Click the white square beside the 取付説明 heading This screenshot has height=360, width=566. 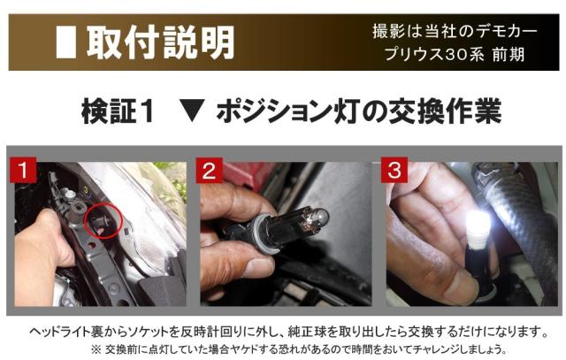(66, 42)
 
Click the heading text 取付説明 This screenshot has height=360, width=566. (160, 42)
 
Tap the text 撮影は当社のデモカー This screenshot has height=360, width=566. (455, 31)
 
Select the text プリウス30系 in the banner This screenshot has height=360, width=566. (433, 55)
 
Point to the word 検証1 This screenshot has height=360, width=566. (118, 111)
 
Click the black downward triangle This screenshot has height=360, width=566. (192, 112)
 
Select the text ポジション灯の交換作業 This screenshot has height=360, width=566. (359, 111)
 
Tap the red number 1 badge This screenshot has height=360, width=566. (23, 170)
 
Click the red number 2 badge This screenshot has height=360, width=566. (210, 171)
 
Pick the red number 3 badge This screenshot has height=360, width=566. (394, 170)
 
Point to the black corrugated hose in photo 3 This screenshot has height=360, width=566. (520, 224)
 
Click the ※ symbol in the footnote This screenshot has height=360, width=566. (96, 349)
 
